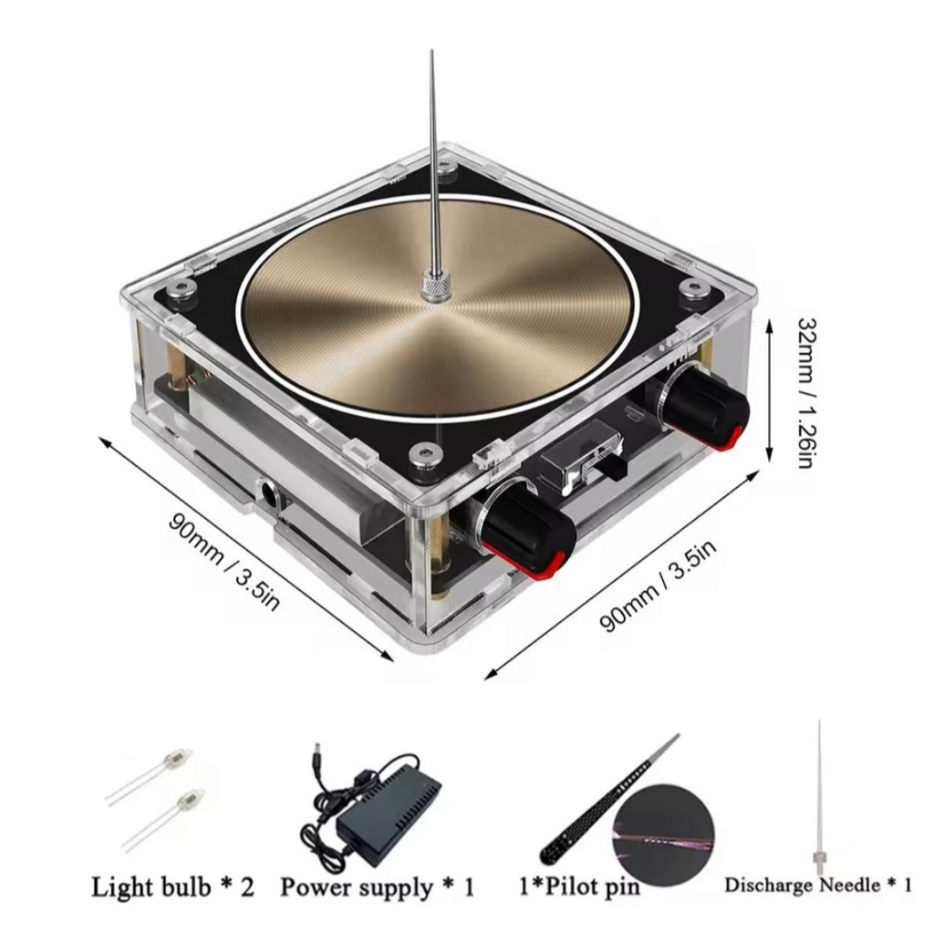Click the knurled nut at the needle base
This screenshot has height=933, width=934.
[437, 285]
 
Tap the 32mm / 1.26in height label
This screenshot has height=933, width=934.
[808, 392]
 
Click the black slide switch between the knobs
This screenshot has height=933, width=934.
[616, 465]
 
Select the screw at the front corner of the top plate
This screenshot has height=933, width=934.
[425, 456]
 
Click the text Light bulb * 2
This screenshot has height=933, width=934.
[172, 887]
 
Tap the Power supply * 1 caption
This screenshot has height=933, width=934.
[378, 887]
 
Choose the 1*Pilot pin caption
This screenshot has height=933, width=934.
[579, 886]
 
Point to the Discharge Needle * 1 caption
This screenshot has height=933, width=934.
[818, 885]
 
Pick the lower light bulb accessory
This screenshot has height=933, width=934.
[161, 819]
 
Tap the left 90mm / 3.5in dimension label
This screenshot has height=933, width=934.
[224, 561]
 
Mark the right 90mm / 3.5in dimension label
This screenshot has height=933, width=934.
[658, 586]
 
